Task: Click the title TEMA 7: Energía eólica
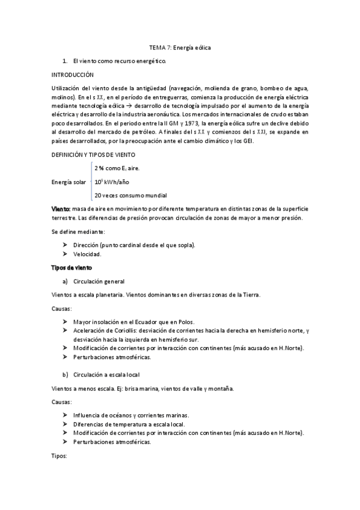pyautogui.click(x=180, y=47)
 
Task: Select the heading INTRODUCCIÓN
pyautogui.click(x=73, y=75)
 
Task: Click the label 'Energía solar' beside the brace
pyautogui.click(x=70, y=182)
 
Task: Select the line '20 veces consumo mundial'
pyautogui.click(x=130, y=195)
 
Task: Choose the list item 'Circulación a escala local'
pyautogui.click(x=106, y=375)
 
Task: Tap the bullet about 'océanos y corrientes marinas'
pyautogui.click(x=131, y=415)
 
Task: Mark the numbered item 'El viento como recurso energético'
pyautogui.click(x=119, y=61)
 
